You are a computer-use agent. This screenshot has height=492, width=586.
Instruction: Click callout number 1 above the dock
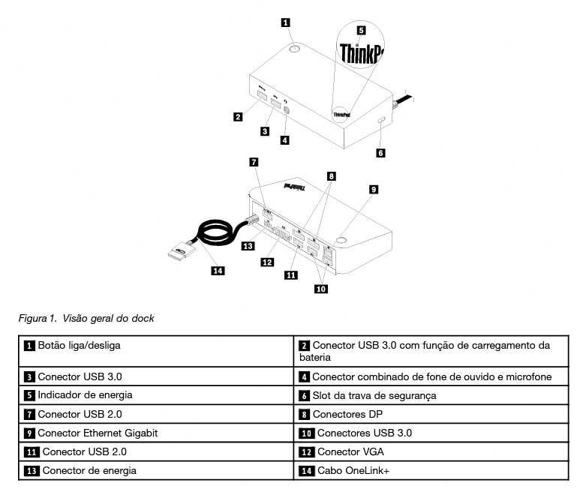[286, 22]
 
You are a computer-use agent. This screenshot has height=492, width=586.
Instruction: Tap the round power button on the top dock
[294, 49]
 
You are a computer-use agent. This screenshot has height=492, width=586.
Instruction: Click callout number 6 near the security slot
[380, 152]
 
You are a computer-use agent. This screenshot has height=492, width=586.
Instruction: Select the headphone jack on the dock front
[286, 106]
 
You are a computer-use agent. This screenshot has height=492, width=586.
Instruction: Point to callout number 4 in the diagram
[285, 139]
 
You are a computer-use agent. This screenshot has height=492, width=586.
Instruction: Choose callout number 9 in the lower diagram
[373, 190]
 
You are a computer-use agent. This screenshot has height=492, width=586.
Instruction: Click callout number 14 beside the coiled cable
[218, 271]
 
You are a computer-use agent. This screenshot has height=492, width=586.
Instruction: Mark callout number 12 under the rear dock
[266, 262]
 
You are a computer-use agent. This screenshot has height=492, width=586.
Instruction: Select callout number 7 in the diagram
[254, 161]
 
